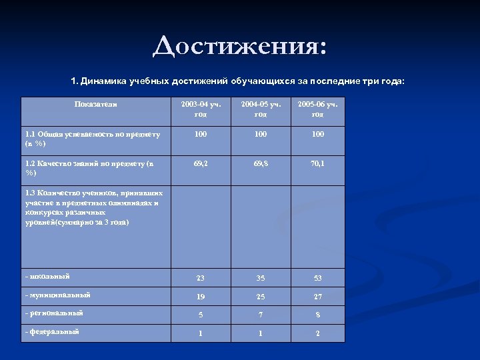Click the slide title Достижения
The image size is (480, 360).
[x=240, y=47]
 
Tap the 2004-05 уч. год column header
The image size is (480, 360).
[x=261, y=109]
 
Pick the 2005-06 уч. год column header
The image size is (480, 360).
[x=317, y=109]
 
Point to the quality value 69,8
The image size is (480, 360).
[x=261, y=162]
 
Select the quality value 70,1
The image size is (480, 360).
[x=317, y=162]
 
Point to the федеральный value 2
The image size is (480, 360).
[x=317, y=333]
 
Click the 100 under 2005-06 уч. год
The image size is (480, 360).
[x=317, y=135]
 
